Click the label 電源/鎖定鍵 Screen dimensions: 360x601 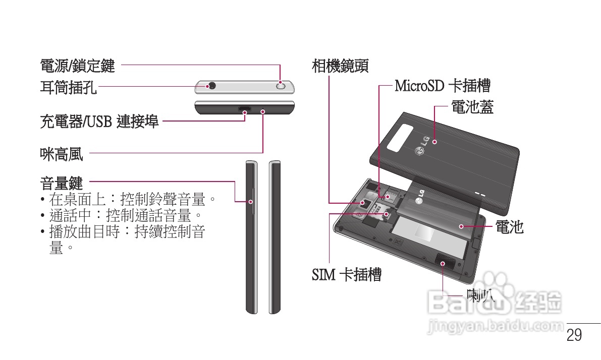[77, 66]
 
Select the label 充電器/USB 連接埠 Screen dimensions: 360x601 [99, 121]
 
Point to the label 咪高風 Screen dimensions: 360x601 [62, 154]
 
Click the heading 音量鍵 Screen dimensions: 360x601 [62, 182]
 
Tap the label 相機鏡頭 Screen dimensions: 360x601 [340, 66]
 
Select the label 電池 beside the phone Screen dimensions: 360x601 [509, 227]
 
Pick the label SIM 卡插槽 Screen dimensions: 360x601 [346, 275]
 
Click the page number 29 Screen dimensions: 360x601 [574, 335]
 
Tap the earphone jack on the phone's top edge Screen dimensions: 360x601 [212, 86]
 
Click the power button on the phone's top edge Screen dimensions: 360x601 [281, 86]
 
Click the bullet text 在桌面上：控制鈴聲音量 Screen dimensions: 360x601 [133, 199]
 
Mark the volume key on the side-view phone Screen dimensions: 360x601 [252, 202]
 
